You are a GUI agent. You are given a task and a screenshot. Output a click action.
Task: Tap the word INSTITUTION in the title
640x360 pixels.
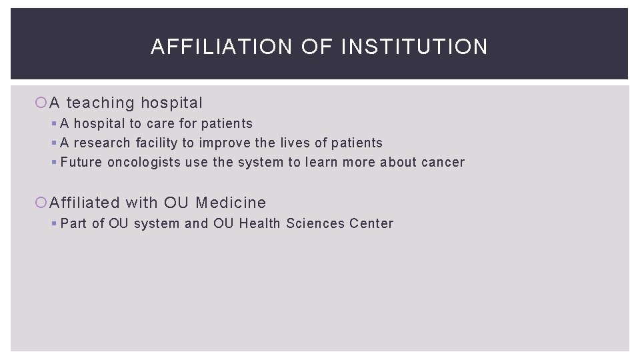[414, 47]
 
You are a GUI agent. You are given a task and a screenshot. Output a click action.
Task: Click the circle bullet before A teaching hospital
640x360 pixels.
[41, 103]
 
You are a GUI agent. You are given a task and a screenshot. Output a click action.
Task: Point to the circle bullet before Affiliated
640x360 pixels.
[41, 203]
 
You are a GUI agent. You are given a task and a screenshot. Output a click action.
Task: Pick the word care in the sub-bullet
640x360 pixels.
[159, 123]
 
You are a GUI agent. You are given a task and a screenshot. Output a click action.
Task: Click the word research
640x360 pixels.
[102, 143]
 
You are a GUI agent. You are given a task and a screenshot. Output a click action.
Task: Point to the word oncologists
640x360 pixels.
[144, 162]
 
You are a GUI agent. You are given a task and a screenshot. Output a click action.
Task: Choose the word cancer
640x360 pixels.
[443, 162]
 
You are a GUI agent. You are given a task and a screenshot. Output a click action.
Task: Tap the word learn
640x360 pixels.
[321, 162]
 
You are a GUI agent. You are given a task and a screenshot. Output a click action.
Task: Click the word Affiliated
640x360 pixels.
[85, 203]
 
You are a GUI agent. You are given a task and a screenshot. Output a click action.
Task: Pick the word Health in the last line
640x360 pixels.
[260, 223]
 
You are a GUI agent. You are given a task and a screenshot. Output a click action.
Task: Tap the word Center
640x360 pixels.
[371, 223]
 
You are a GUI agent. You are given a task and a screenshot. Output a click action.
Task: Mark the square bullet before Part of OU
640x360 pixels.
[54, 223]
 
